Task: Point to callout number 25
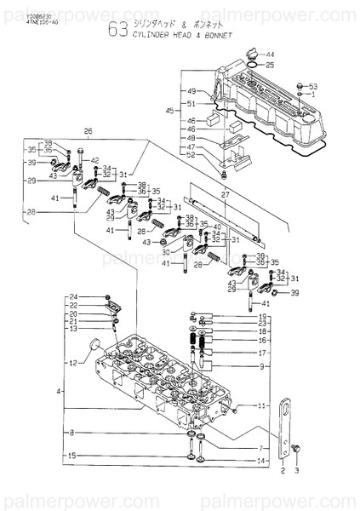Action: (270, 65)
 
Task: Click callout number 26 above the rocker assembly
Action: (87, 131)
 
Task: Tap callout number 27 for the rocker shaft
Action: (225, 195)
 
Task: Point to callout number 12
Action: (72, 364)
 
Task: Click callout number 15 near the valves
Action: (73, 456)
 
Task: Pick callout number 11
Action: (263, 405)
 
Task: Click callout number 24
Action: (73, 296)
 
